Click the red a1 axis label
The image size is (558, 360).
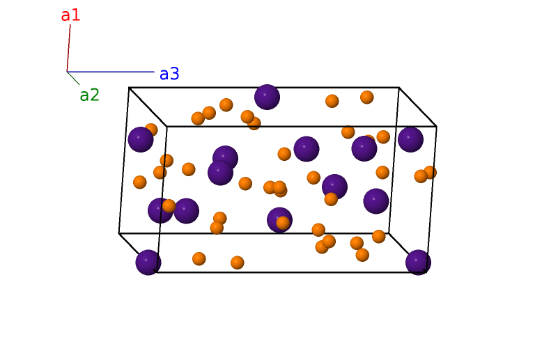pos(70,15)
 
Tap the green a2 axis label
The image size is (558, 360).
pos(89,95)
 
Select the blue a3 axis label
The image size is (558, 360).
pos(169,74)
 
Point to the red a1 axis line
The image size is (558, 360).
pos(68,49)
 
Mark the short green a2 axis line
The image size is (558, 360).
pos(73,78)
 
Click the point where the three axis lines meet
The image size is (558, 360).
pos(67,72)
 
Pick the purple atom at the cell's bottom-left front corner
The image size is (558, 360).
pos(148,263)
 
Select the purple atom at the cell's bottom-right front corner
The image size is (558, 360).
pos(418,263)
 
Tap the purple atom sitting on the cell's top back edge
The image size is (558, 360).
pos(267,97)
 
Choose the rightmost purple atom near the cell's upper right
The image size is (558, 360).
pos(410,139)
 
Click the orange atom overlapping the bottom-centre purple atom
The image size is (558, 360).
pos(283,223)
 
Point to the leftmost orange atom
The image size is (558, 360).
pos(140,182)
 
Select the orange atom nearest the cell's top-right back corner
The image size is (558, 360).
pos(367,97)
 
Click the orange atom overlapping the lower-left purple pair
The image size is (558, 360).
pos(169,205)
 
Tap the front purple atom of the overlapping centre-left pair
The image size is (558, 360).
pos(220,172)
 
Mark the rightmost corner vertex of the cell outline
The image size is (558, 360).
pos(436,127)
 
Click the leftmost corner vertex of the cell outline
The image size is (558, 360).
pos(119,233)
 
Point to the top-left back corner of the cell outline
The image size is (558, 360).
pos(130,88)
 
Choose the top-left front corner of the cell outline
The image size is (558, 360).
pos(166,127)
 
